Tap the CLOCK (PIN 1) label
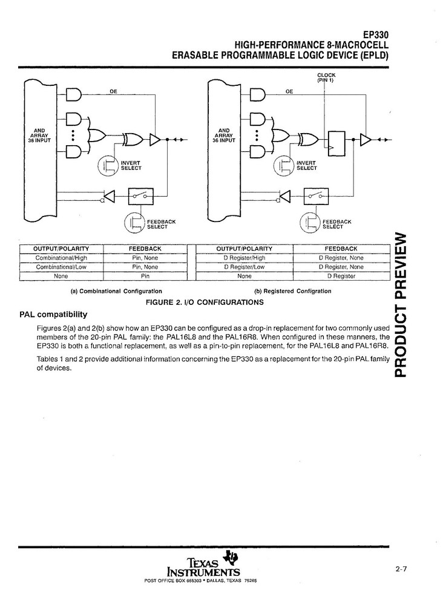(x=326, y=78)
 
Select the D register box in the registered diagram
(x=336, y=140)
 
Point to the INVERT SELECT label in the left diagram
(x=131, y=166)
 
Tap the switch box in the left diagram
(x=140, y=196)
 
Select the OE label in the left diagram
(x=113, y=92)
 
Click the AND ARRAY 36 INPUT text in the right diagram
(x=224, y=135)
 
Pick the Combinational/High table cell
(x=61, y=258)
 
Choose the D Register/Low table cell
(x=244, y=267)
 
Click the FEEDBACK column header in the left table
(x=145, y=249)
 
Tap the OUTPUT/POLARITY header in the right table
(x=244, y=249)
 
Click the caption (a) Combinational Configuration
(x=116, y=291)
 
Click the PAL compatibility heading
(x=53, y=314)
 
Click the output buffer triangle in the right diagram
(x=366, y=140)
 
